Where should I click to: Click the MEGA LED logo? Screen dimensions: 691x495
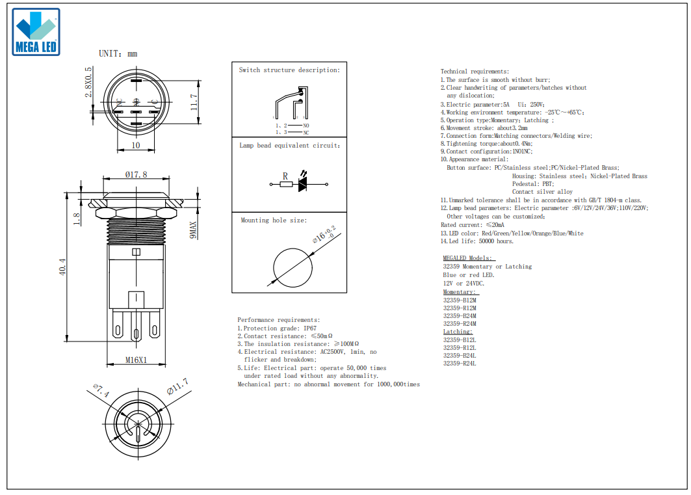pos(36,32)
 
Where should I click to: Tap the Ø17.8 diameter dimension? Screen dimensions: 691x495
pos(136,174)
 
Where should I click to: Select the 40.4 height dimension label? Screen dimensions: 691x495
pos(62,267)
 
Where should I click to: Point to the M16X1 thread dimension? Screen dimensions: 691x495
pos(136,360)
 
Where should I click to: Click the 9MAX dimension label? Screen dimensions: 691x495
pos(193,230)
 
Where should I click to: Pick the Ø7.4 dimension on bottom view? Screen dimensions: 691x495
pos(101,390)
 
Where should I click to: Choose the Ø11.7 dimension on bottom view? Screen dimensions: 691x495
pos(177,386)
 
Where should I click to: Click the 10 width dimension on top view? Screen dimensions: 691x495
pos(136,145)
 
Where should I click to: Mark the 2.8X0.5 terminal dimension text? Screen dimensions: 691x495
pos(88,82)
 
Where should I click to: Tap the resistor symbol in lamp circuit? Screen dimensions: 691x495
pos(287,184)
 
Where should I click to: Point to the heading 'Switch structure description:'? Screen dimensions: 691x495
pos(289,70)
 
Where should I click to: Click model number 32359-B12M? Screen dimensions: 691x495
pos(460,300)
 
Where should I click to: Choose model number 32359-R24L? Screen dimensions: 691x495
pos(460,363)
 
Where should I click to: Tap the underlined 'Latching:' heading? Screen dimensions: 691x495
pos(458,332)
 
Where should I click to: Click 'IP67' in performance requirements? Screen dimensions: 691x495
pos(310,328)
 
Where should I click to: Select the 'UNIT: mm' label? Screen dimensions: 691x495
pos(118,54)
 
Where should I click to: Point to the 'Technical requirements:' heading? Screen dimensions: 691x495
pos(475,71)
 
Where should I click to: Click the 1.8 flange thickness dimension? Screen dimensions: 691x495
pos(77,219)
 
